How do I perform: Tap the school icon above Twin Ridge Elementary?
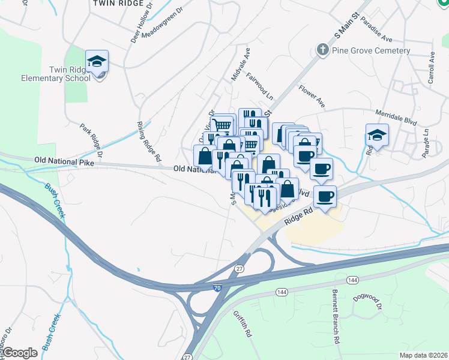(97, 61)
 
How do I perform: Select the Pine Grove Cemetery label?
(371, 50)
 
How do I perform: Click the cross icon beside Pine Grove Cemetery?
(322, 50)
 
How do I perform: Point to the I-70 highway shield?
(217, 289)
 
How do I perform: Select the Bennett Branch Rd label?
(336, 316)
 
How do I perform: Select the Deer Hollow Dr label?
(139, 28)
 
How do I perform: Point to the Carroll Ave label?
(431, 70)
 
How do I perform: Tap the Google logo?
(20, 353)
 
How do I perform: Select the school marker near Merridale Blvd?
(377, 136)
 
